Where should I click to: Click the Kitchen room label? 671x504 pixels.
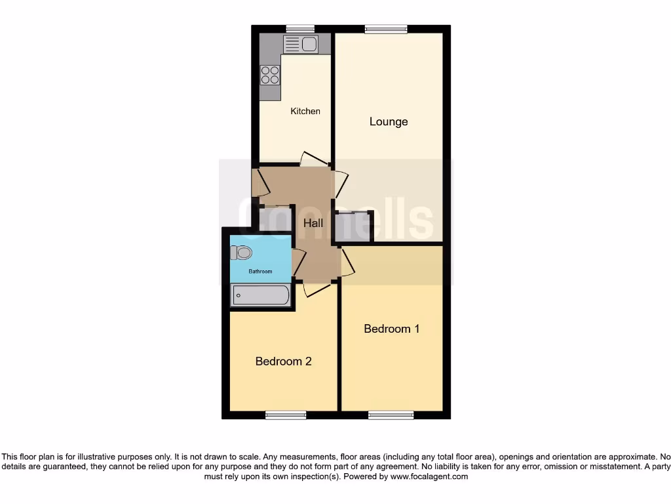click(305, 111)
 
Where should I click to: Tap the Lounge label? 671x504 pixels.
click(389, 121)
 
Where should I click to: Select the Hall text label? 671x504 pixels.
click(313, 223)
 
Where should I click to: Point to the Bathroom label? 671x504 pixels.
click(259, 271)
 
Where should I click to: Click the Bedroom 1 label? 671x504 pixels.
click(392, 329)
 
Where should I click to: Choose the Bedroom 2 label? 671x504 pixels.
click(283, 361)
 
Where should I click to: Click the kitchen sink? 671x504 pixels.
click(301, 45)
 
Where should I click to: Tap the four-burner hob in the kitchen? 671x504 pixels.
click(269, 75)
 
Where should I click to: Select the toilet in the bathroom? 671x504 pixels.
click(240, 253)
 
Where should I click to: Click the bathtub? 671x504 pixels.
click(260, 295)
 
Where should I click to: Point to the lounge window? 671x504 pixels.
click(386, 28)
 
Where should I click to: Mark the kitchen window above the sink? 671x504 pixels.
click(300, 28)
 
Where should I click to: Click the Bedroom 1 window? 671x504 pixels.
click(391, 415)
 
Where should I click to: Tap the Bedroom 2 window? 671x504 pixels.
click(286, 415)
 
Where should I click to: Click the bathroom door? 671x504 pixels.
click(298, 262)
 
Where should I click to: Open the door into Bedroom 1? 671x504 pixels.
click(347, 262)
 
